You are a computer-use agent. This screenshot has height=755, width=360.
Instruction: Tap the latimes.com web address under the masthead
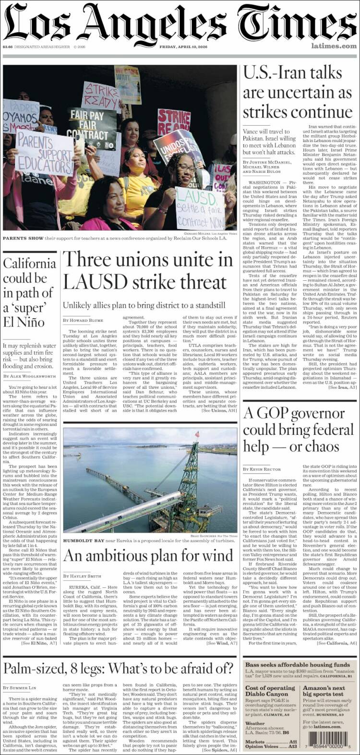[x=334, y=46]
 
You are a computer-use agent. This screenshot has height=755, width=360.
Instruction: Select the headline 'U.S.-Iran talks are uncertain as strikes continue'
[x=297, y=92]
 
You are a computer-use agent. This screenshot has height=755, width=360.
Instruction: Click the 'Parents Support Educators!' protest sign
[x=44, y=153]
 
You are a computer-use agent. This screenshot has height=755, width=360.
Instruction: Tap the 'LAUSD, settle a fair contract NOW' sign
[x=199, y=208]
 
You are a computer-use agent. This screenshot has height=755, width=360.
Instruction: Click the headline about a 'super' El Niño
[x=29, y=292]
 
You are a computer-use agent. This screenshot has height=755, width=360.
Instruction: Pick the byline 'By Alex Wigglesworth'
[x=30, y=376]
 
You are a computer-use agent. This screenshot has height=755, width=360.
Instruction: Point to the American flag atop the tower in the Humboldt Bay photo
[x=197, y=434]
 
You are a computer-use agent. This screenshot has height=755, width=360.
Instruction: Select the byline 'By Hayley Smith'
[x=82, y=576]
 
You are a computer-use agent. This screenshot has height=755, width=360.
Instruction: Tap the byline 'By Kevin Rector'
[x=262, y=468]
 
